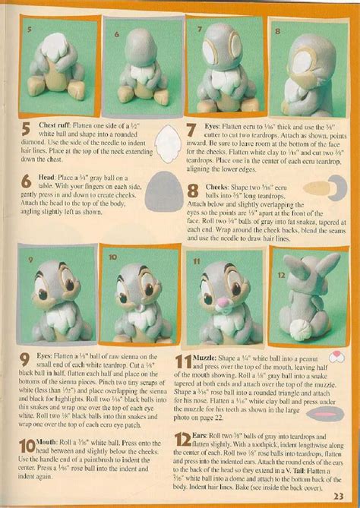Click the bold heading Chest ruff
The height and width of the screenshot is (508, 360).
(62, 125)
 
